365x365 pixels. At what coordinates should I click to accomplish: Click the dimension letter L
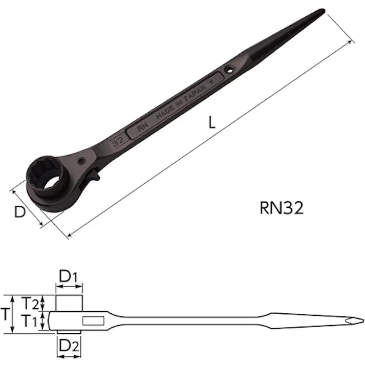(213, 123)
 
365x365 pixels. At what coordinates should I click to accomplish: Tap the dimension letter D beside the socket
(20, 211)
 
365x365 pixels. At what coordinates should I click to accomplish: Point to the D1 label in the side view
(69, 276)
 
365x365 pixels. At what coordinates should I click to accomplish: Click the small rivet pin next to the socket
(82, 161)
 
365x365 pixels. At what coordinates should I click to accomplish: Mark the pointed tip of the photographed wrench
(322, 11)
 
